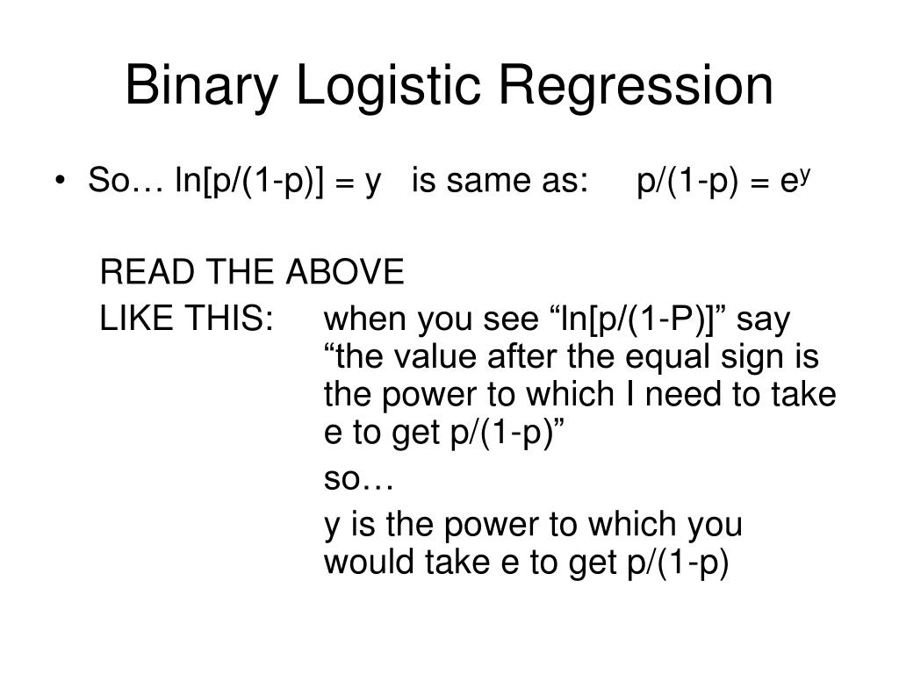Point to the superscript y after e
(803, 175)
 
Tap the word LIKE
(133, 319)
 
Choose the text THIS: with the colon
(229, 319)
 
